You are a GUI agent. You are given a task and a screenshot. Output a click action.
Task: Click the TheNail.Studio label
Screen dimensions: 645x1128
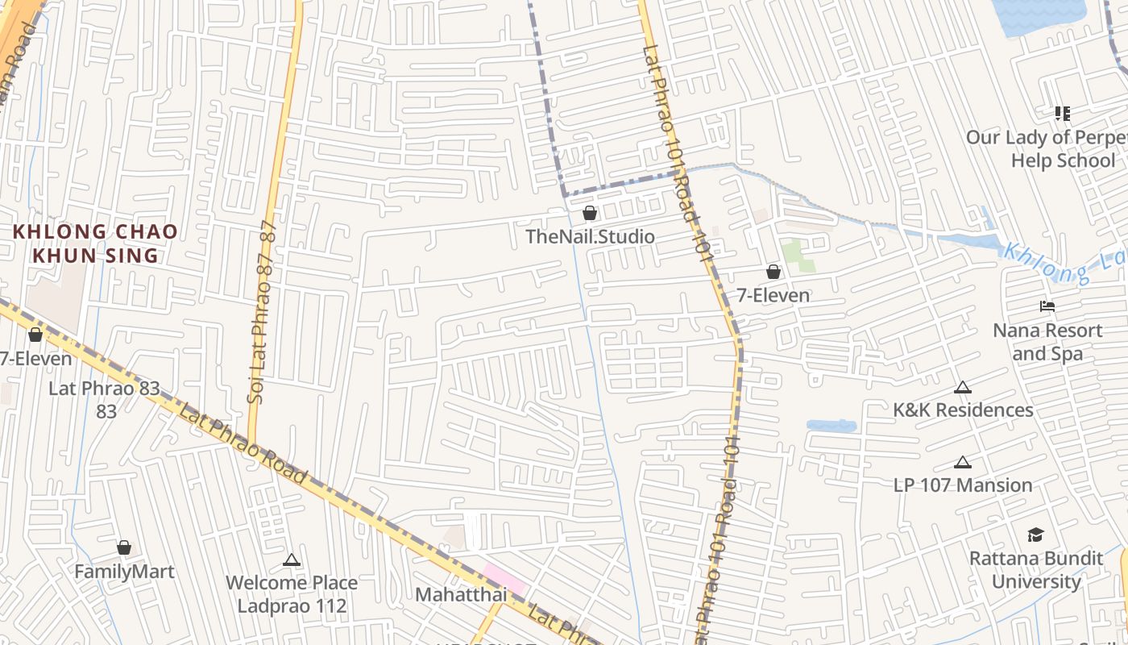click(x=590, y=237)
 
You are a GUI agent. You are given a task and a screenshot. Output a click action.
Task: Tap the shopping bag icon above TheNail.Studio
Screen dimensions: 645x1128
click(x=590, y=213)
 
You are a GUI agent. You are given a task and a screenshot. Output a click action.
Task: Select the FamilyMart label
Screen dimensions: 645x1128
click(x=124, y=572)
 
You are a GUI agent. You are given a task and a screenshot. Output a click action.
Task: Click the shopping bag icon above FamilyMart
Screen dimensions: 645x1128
click(x=124, y=547)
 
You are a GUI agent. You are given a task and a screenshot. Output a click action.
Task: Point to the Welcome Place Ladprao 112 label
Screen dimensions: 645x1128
click(x=292, y=593)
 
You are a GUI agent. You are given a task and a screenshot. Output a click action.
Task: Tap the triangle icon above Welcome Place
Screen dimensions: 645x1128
click(x=292, y=560)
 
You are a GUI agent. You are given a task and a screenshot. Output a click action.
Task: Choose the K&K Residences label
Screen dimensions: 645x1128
click(x=963, y=410)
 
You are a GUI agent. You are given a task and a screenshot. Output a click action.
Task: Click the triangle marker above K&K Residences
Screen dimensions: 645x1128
click(x=962, y=388)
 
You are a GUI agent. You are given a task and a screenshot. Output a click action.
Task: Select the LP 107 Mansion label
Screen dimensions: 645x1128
click(x=963, y=485)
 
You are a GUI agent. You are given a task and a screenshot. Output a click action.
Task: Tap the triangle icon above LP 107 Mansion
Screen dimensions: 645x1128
click(x=962, y=463)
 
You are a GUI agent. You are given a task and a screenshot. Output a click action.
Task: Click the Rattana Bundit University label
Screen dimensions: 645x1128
click(x=1036, y=569)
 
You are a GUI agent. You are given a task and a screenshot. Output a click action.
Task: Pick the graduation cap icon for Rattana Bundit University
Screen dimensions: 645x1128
click(x=1036, y=535)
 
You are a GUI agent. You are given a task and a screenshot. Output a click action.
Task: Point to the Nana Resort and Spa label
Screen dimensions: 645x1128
click(x=1047, y=342)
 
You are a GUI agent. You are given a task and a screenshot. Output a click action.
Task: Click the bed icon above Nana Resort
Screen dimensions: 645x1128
click(x=1047, y=306)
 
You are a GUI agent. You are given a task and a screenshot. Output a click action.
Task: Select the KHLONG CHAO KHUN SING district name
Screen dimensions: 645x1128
click(x=95, y=243)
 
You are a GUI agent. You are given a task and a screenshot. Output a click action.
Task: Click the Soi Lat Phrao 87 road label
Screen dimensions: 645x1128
click(x=264, y=310)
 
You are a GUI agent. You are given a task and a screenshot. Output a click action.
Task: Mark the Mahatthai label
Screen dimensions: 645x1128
click(x=461, y=594)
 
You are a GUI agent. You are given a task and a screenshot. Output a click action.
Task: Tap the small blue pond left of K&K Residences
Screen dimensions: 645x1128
click(x=831, y=425)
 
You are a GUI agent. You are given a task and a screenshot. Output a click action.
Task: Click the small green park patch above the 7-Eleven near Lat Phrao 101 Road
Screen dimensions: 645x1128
click(x=797, y=255)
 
